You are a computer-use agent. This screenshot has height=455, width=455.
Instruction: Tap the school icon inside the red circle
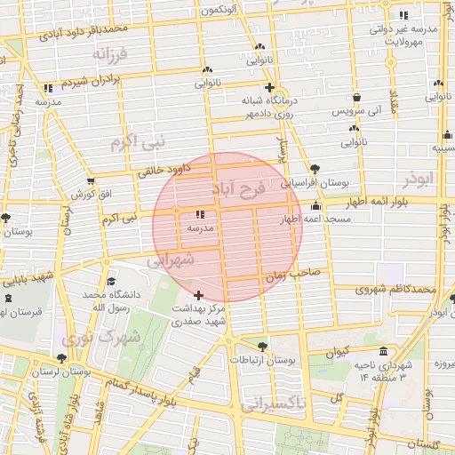click(199, 214)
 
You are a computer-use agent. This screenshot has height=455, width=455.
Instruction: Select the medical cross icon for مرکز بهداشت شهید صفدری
click(197, 294)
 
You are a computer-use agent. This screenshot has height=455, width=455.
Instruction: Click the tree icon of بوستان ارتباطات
click(261, 347)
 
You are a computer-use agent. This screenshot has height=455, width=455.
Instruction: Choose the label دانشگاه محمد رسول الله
click(106, 299)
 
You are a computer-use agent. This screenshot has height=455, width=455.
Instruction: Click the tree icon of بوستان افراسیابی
click(315, 169)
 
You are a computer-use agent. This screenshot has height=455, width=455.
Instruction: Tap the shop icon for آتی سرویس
click(356, 98)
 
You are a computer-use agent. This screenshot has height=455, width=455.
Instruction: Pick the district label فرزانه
click(111, 54)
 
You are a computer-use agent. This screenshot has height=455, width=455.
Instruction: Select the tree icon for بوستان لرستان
click(86, 358)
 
